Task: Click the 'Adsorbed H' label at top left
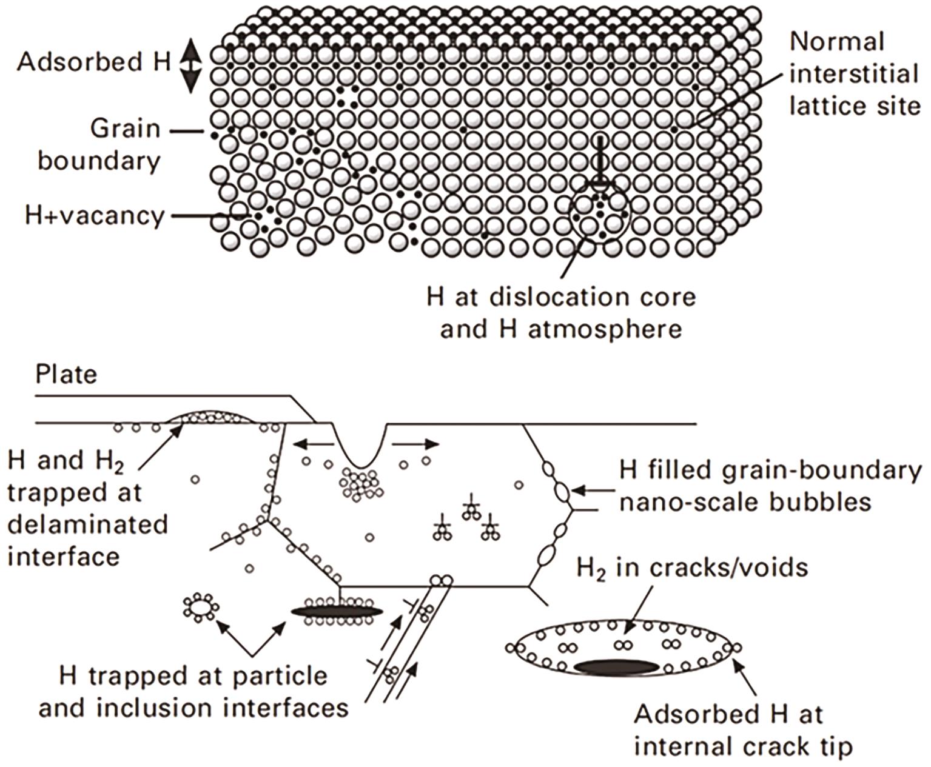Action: pos(94,62)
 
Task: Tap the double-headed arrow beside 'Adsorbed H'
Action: pos(190,66)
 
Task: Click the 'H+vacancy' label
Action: pos(95,216)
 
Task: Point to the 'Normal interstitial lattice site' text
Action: pos(855,74)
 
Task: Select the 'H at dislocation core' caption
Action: pos(562,297)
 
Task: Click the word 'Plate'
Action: pos(67,375)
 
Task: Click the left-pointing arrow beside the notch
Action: pos(314,444)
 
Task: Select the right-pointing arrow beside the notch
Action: pos(415,444)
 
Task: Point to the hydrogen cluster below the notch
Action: pos(361,484)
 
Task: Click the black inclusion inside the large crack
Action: pos(617,667)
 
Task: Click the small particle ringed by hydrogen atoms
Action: pos(201,608)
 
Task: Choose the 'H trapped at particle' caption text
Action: pos(193,676)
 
